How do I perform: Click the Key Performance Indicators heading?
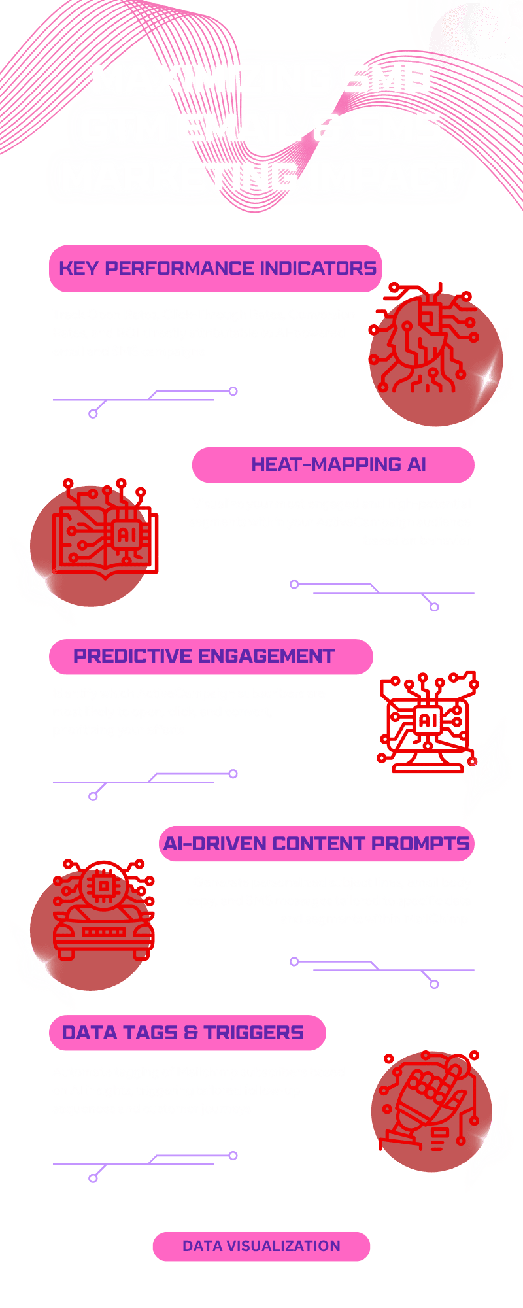pos(217,268)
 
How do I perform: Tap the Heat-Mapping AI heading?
pos(338,464)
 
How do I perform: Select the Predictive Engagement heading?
pos(203,656)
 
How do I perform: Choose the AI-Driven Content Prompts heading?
pos(316,844)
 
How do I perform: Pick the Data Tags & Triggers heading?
pos(182,1033)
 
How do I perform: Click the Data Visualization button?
pos(261,1246)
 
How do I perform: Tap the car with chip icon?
pos(103,911)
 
